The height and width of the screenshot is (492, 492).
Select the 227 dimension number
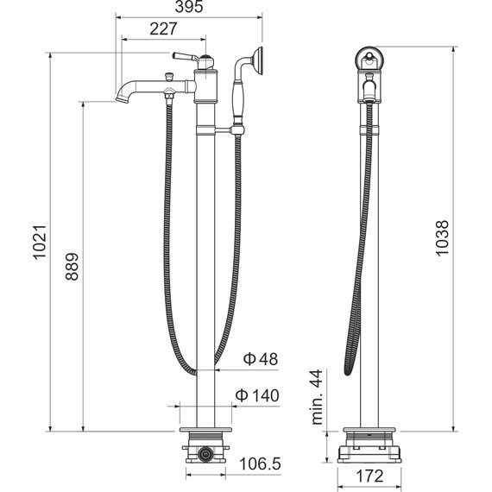(x=162, y=28)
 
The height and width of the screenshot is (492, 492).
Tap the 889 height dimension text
(x=71, y=268)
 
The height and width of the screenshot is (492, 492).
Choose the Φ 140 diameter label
(x=257, y=395)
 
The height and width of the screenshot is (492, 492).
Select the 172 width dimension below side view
(x=371, y=476)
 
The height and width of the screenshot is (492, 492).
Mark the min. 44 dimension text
(x=316, y=396)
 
